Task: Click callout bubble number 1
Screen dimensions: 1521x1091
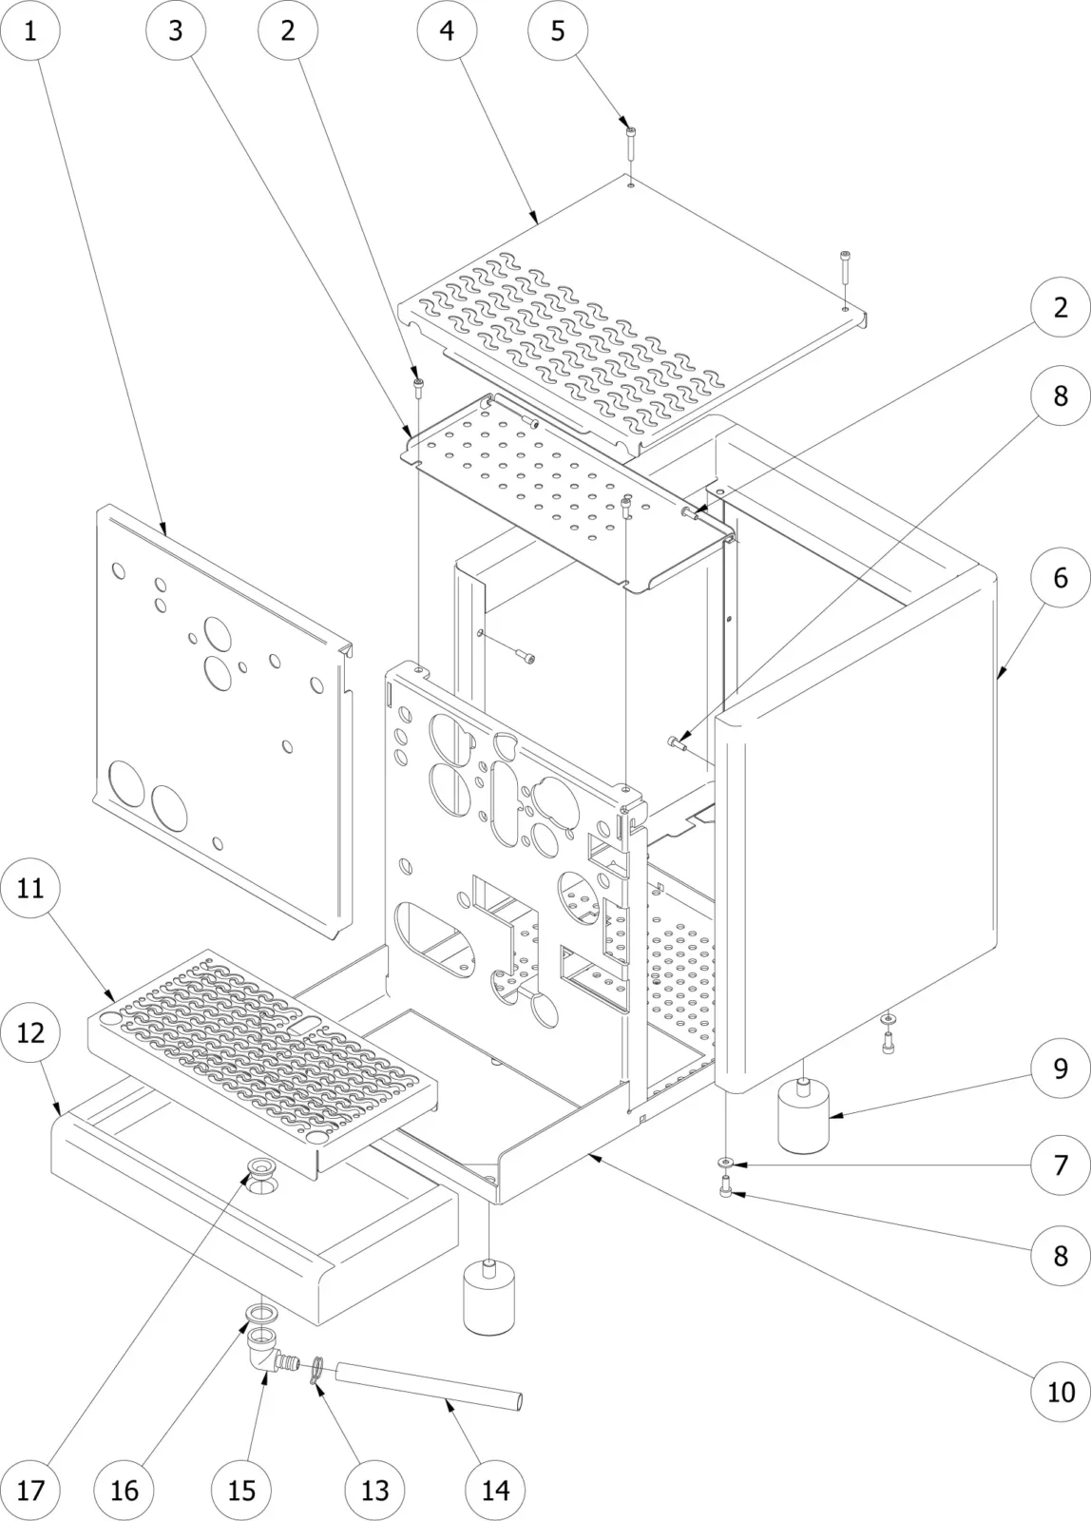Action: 29,30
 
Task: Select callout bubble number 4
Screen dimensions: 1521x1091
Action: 447,30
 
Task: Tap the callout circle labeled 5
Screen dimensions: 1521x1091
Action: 557,30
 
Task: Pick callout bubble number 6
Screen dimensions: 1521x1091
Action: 1061,577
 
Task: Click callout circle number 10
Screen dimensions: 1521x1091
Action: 1061,1393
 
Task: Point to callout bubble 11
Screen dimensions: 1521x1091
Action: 29,889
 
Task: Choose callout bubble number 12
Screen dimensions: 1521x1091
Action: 29,1032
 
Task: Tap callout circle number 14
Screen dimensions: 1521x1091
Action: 495,1490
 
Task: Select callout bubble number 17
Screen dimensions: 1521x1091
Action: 29,1490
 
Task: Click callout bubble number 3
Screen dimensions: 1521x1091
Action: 175,30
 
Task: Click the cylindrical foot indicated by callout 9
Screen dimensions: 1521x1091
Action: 803,1119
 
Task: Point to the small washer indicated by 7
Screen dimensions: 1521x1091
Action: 725,1162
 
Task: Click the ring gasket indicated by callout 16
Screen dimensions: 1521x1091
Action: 258,1314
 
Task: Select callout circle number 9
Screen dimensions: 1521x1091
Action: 1061,1069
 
